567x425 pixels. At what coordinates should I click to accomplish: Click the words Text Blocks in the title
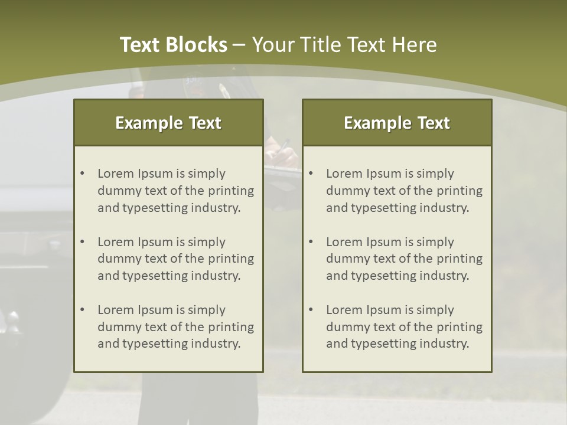click(173, 45)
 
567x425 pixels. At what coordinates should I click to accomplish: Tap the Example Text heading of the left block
click(168, 123)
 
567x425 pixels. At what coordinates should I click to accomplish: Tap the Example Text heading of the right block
click(397, 123)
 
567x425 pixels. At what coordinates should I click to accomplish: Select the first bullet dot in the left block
click(82, 174)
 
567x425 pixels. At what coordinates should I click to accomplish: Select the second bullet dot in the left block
click(82, 242)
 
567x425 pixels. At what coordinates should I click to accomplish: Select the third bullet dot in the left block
click(82, 310)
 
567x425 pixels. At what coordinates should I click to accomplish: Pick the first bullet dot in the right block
click(311, 174)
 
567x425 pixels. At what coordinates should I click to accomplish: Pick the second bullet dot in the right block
click(311, 242)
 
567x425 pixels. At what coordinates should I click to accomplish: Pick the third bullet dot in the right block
click(311, 310)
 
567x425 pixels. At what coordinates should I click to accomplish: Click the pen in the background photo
click(285, 145)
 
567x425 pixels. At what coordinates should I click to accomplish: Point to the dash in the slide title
click(240, 45)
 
